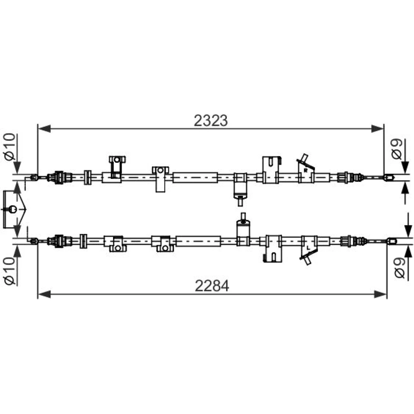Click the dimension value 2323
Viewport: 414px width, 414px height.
pos(210,120)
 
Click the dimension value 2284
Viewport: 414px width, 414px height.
pos(212,286)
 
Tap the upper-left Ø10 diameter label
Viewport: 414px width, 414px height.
pos(10,147)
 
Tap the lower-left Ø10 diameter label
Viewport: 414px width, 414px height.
pos(10,272)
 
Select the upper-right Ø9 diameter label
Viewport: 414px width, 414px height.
pos(397,149)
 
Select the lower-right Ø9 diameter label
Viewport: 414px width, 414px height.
pos(400,268)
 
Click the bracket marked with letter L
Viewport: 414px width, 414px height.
pos(309,250)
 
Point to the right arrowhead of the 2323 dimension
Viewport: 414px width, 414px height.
pos(377,129)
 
